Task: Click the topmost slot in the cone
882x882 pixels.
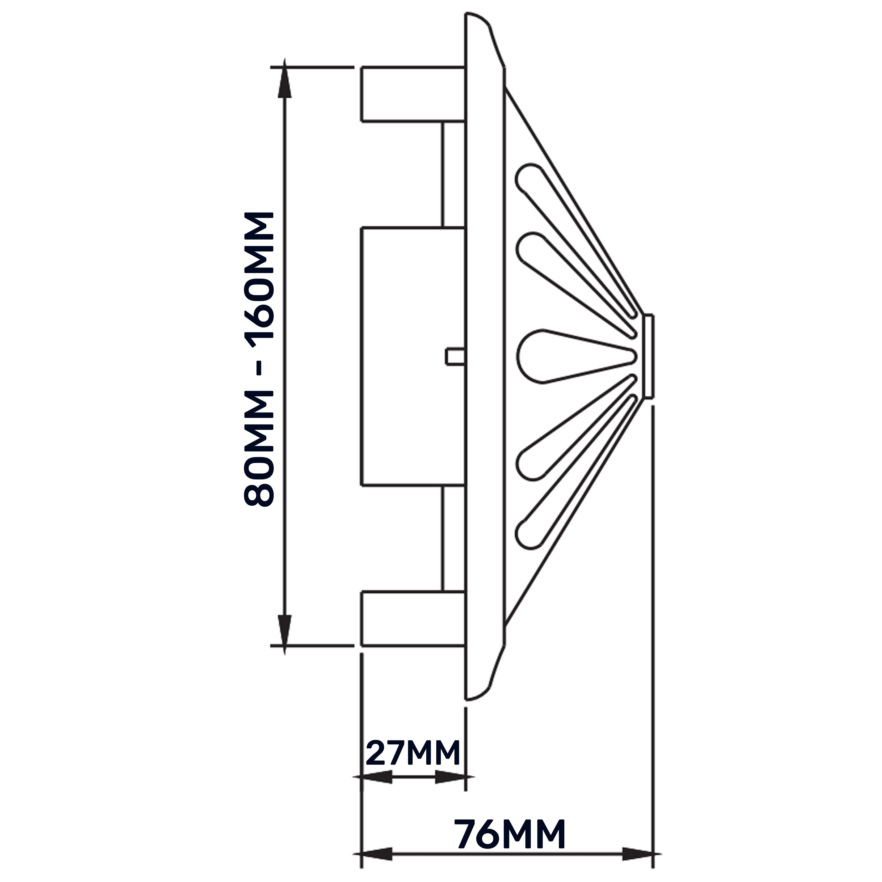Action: point(575,237)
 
